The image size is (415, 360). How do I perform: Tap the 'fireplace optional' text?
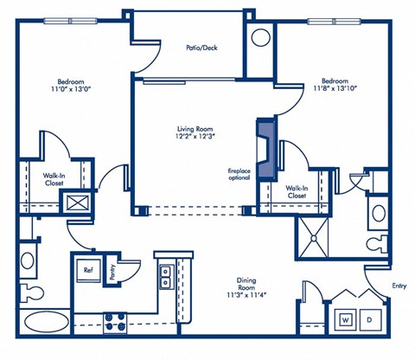click(x=239, y=174)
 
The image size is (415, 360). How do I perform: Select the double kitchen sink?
click(x=164, y=275)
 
